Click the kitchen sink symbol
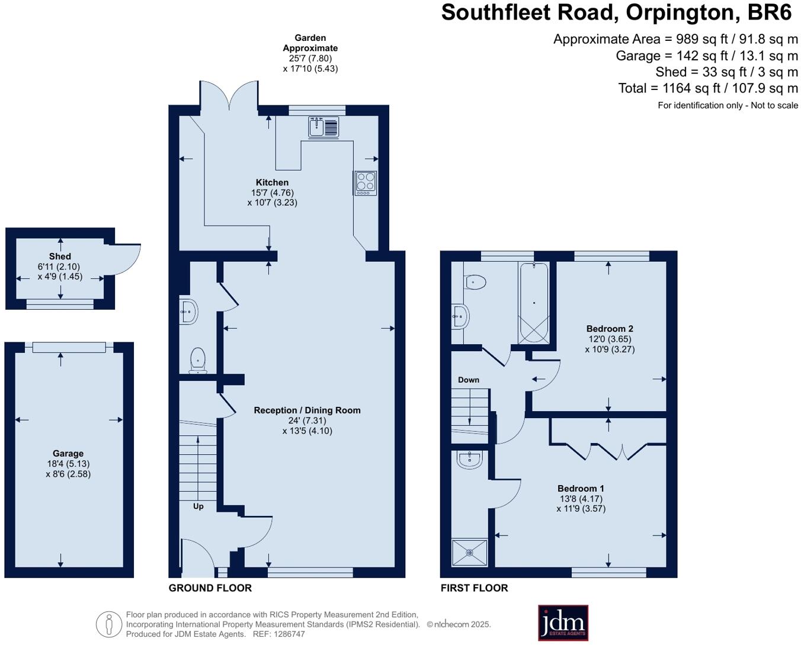323,127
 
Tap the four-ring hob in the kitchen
366,182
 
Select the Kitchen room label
272,182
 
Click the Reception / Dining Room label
307,410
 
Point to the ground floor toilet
198,360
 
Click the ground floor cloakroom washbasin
189,310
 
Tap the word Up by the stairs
198,506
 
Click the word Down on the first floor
469,380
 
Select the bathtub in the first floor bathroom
534,303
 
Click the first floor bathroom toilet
475,282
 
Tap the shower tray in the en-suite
470,553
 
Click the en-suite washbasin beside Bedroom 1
470,459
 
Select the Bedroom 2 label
610,329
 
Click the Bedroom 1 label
581,489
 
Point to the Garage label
68,454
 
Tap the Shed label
60,256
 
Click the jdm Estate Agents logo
563,623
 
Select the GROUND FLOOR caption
210,588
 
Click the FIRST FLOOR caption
474,588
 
